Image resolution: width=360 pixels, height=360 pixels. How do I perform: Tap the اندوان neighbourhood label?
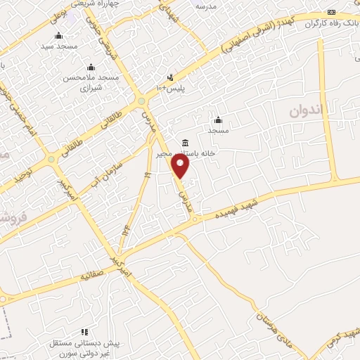[307, 110]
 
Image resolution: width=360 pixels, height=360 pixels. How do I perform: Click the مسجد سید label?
[58, 46]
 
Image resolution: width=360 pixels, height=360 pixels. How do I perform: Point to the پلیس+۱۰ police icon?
[169, 77]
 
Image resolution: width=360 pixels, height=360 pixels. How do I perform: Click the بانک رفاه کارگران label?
[331, 22]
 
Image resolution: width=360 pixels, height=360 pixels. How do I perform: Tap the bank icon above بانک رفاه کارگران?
[332, 13]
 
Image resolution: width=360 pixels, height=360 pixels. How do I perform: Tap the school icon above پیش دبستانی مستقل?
[84, 331]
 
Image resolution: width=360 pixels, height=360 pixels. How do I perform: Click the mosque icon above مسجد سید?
[58, 35]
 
